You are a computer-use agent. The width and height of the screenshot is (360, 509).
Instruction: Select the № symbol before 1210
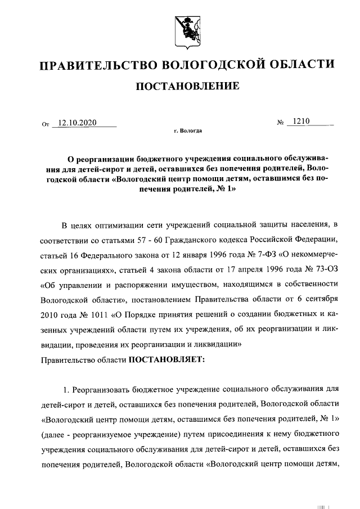pos(279,123)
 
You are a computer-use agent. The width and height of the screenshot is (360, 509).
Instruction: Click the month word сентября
pos(319,298)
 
